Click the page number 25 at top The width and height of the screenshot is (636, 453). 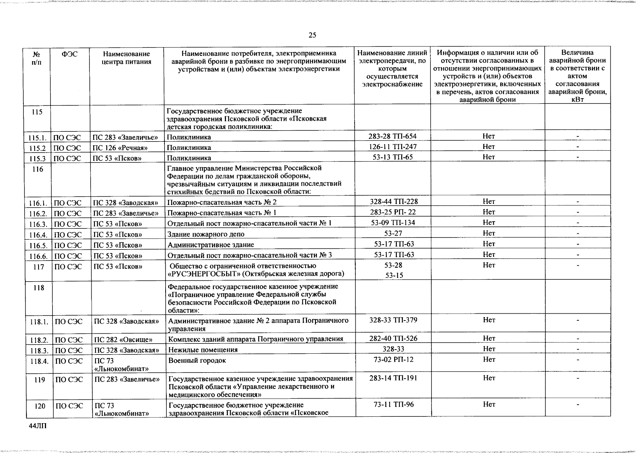coord(312,35)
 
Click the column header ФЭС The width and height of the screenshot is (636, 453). coord(69,54)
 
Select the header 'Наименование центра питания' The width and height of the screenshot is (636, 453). coord(126,58)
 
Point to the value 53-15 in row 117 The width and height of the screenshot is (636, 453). coord(394,275)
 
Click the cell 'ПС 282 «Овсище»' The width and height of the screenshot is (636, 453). coord(123,339)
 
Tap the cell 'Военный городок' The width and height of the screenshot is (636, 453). coord(197,361)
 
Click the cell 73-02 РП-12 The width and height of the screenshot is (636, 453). coord(393,359)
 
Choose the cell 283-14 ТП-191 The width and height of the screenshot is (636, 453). coord(393,378)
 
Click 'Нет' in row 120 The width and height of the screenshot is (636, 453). coord(489,405)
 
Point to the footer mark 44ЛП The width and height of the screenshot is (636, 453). coord(36,426)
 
